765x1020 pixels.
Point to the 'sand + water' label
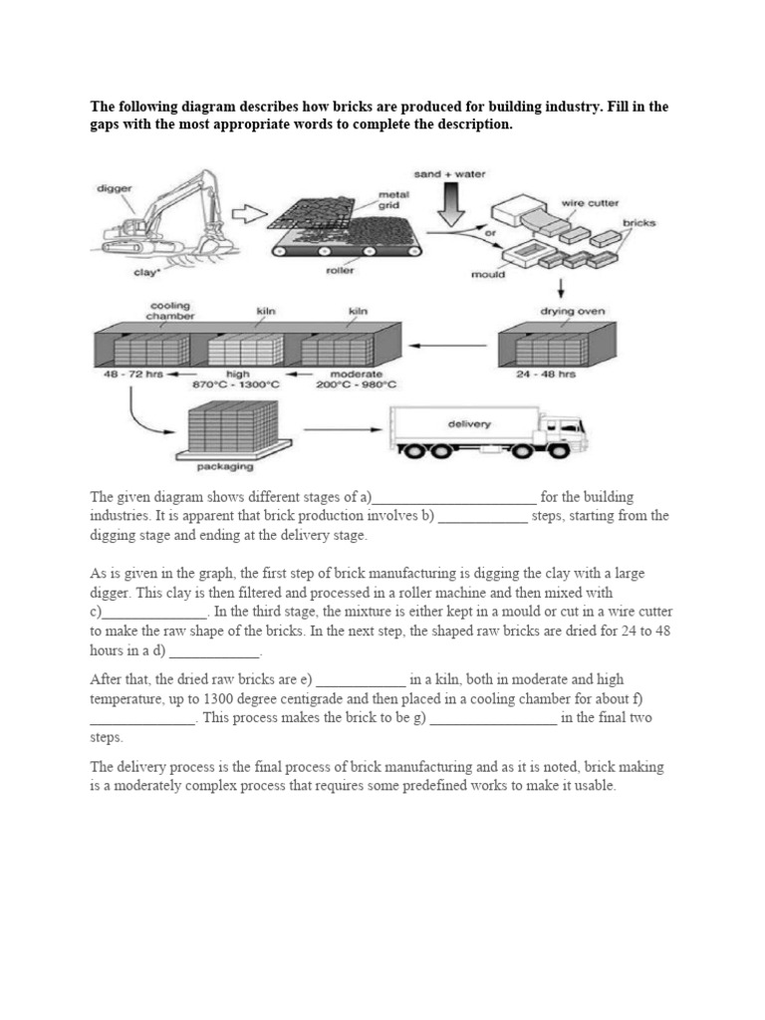click(x=450, y=173)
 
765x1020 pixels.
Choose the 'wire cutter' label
click(x=590, y=202)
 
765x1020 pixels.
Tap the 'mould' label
click(x=488, y=274)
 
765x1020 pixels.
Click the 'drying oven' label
click(x=572, y=311)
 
